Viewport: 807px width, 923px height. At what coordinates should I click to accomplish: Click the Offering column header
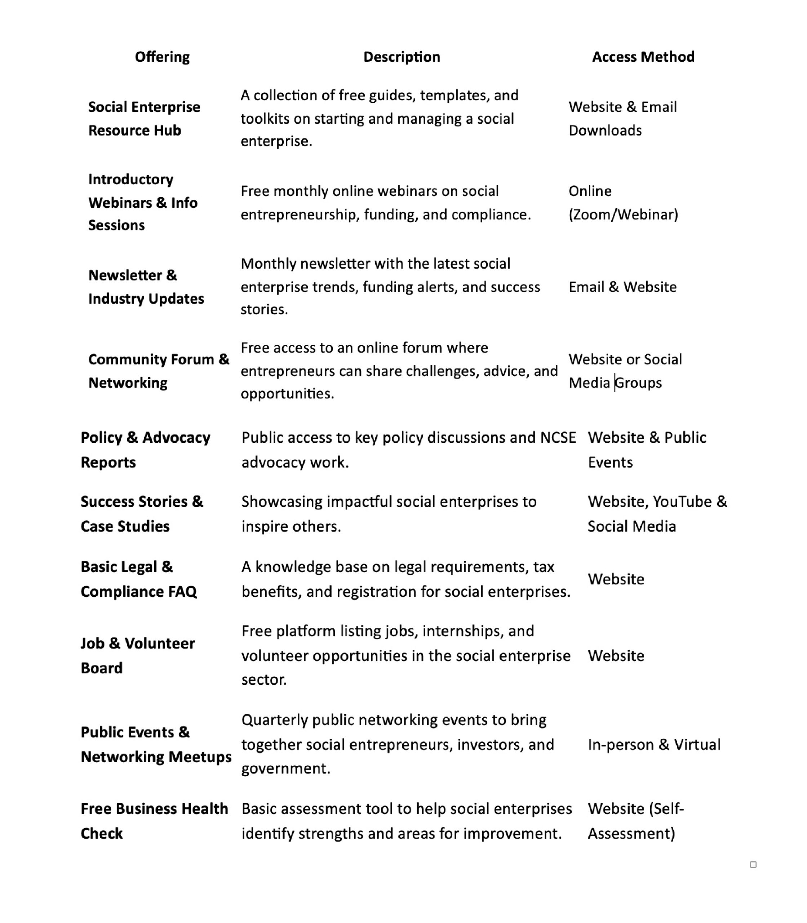162,57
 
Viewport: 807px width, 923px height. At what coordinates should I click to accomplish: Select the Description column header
401,57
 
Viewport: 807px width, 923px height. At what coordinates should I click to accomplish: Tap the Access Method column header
643,57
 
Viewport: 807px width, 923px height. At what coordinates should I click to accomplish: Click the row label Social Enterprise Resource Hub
144,119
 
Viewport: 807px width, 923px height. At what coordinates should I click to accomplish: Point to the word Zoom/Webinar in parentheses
623,215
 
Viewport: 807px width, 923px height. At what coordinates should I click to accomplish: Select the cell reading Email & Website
622,287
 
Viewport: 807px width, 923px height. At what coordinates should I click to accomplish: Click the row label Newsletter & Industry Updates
146,287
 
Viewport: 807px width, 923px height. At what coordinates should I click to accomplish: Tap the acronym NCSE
558,437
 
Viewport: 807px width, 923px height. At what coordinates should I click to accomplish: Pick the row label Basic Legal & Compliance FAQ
139,579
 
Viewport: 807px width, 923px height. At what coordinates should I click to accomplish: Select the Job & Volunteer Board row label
137,655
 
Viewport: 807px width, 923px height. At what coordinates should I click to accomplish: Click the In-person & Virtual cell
654,745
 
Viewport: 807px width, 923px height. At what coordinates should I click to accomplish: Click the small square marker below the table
753,865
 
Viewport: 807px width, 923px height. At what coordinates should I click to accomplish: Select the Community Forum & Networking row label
159,371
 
